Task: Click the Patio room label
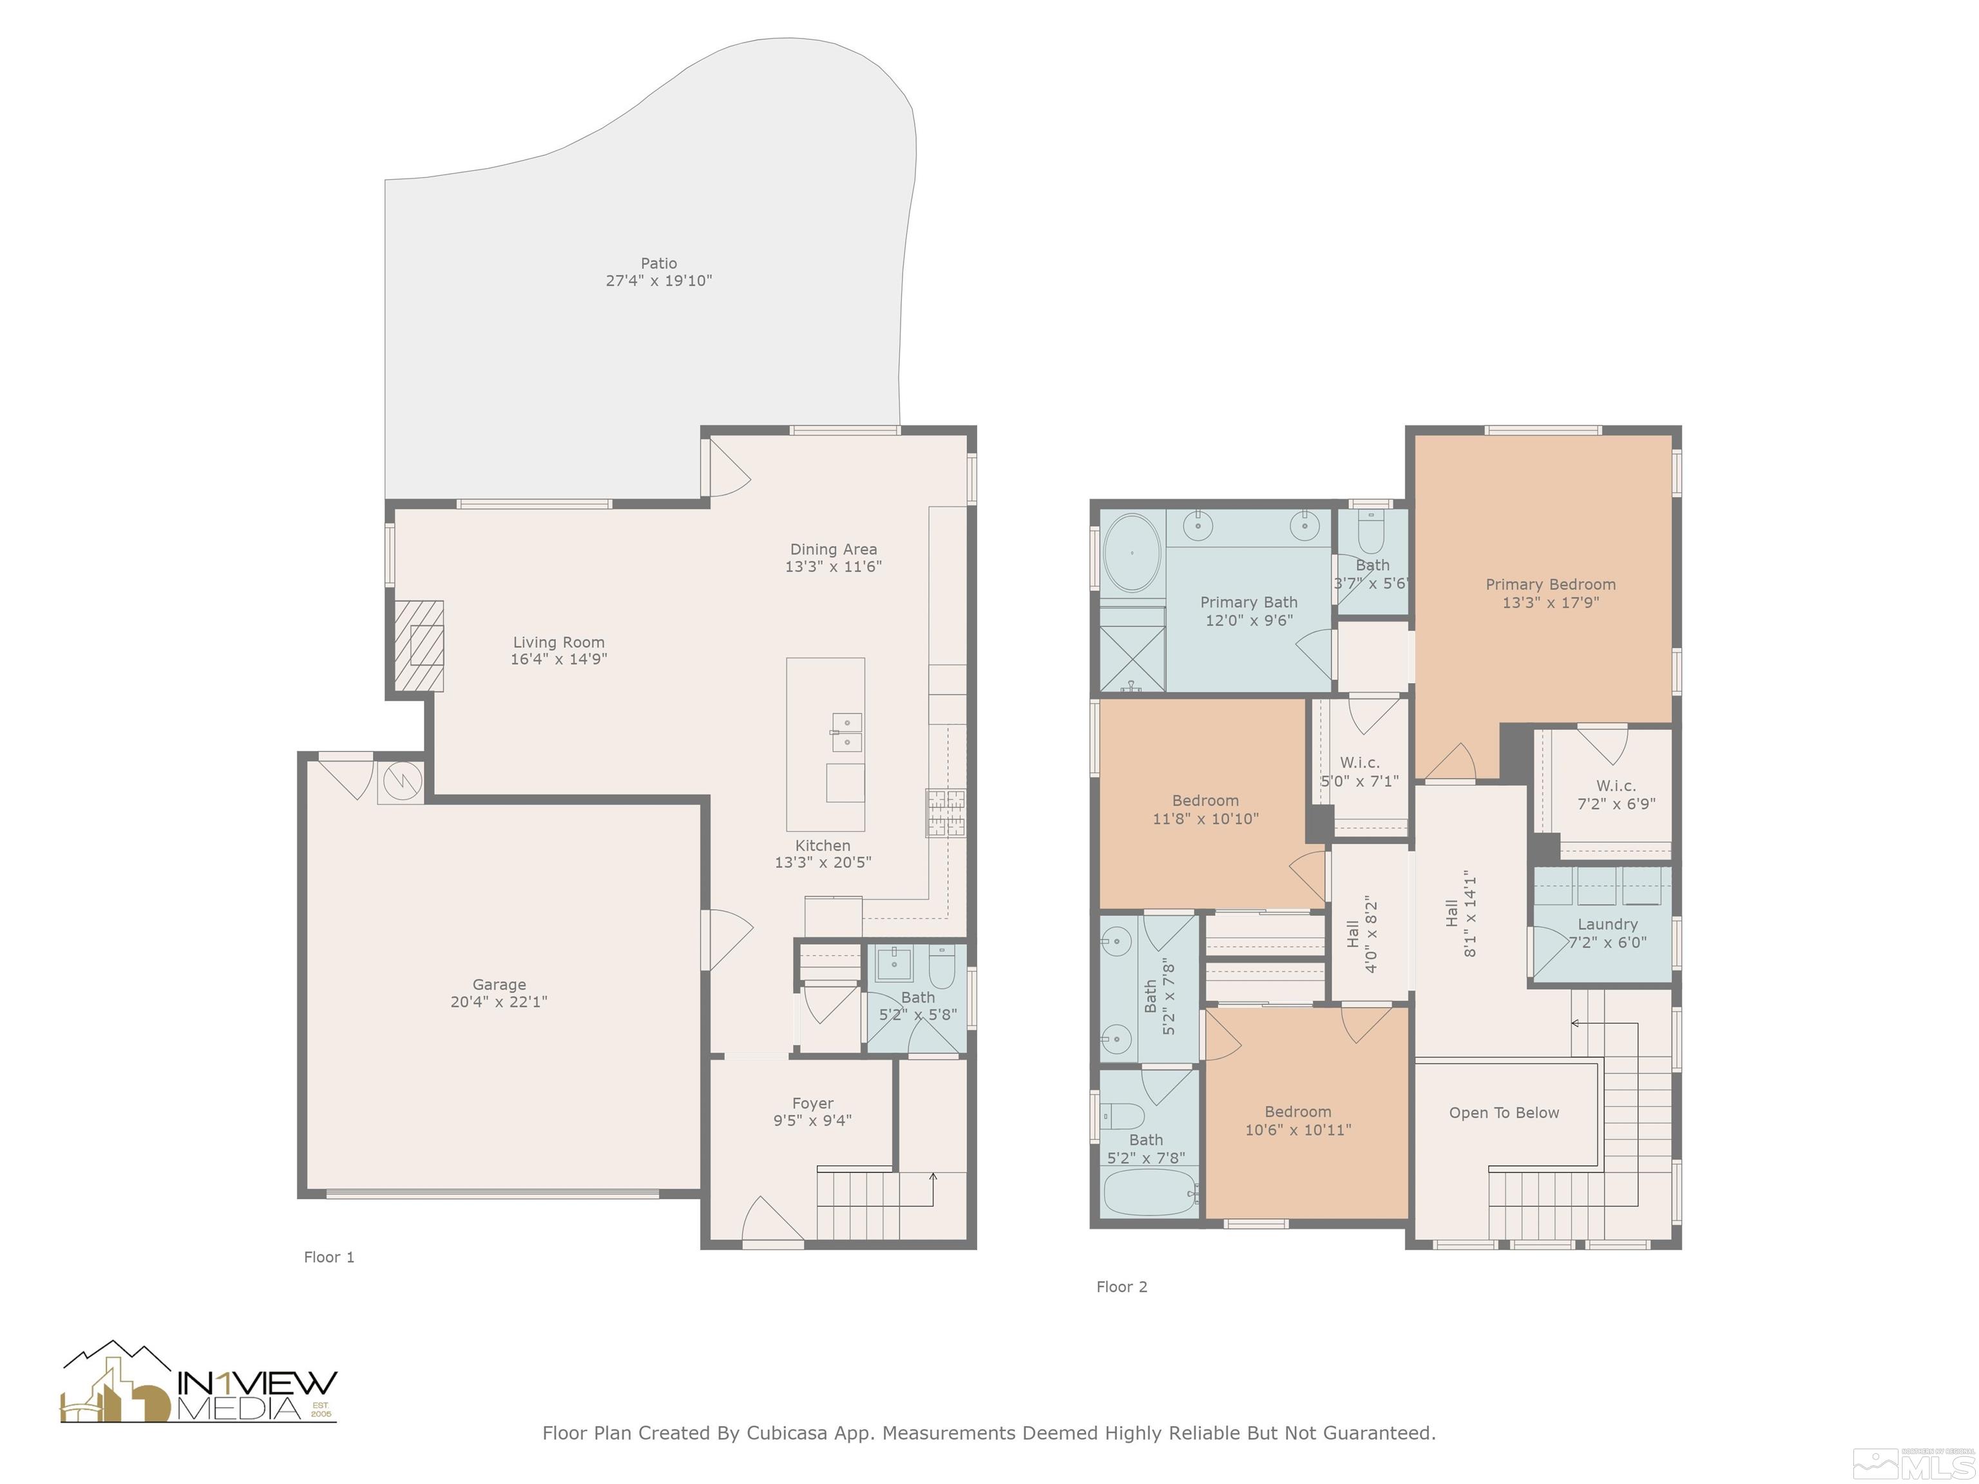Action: pos(658,263)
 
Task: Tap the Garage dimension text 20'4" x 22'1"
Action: pos(499,1002)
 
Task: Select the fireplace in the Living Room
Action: pos(419,646)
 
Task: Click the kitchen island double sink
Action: pos(846,732)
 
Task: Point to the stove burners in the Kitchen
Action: pos(946,813)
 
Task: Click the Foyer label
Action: pos(812,1103)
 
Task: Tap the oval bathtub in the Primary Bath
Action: pos(1132,553)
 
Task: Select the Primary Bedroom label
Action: pos(1551,584)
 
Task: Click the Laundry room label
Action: pos(1608,924)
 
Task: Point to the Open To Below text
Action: pos(1504,1113)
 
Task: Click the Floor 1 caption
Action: pos(329,1257)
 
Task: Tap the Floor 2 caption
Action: pos(1122,1286)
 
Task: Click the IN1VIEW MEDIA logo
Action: pos(198,1382)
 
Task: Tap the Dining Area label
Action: pos(833,549)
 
